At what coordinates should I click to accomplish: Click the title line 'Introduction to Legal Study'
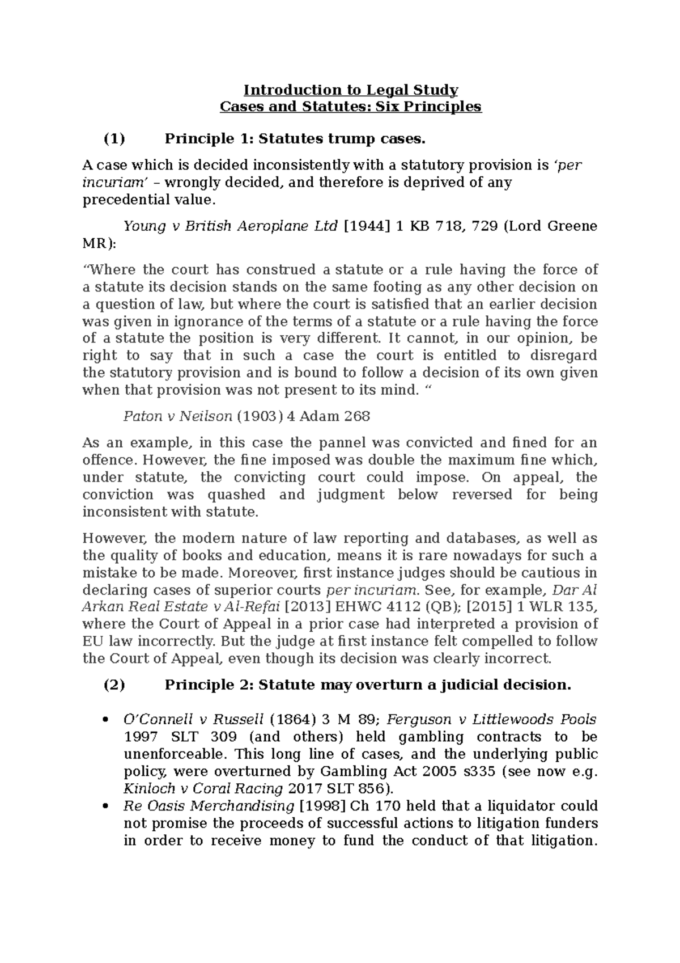pyautogui.click(x=351, y=90)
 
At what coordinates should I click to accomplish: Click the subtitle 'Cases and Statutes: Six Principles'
pyautogui.click(x=351, y=107)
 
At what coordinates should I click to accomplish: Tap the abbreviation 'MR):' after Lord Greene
pyautogui.click(x=99, y=243)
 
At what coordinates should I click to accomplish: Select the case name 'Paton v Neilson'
pyautogui.click(x=177, y=416)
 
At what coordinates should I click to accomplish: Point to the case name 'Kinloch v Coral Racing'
pyautogui.click(x=203, y=788)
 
